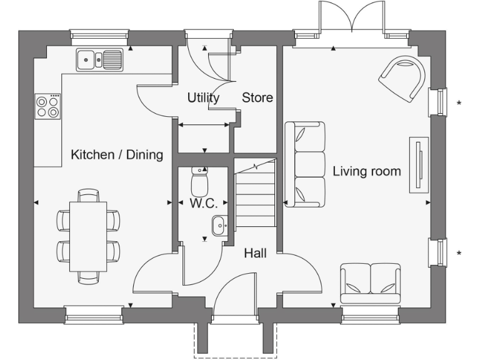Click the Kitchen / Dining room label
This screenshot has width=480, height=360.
tap(117, 155)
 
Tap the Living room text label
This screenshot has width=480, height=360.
tap(367, 171)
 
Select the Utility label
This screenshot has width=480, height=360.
tap(204, 98)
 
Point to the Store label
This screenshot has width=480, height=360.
tap(257, 98)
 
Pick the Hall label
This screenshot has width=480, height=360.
tap(255, 253)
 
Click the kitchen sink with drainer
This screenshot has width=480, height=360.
tap(99, 60)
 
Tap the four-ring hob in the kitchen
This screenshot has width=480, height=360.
tap(48, 106)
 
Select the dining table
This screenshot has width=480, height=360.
tap(87, 236)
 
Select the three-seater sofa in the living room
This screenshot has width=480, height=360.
tap(305, 164)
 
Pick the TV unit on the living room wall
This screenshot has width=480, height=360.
tap(418, 164)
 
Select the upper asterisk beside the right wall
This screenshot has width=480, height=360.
tap(459, 103)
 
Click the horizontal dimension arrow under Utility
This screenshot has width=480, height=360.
tap(204, 126)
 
